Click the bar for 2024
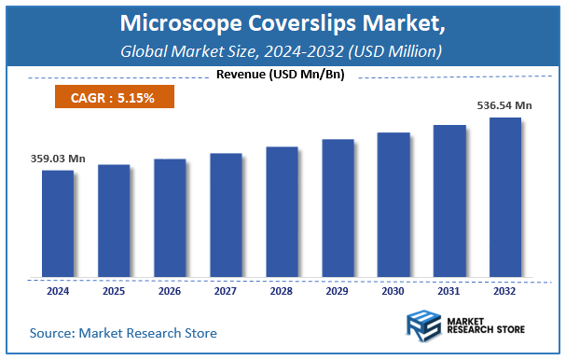tap(58, 224)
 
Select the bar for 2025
tap(114, 221)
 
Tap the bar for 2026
tap(170, 218)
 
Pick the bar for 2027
tap(226, 215)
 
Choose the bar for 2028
tap(282, 212)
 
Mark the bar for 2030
tap(393, 205)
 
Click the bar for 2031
tap(449, 201)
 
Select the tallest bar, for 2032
tap(505, 198)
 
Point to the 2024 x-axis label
tap(58, 291)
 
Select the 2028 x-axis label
tap(282, 291)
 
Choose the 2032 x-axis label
tap(505, 291)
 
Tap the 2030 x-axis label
tap(393, 291)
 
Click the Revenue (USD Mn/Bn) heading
tap(280, 75)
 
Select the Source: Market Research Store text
tap(123, 332)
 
